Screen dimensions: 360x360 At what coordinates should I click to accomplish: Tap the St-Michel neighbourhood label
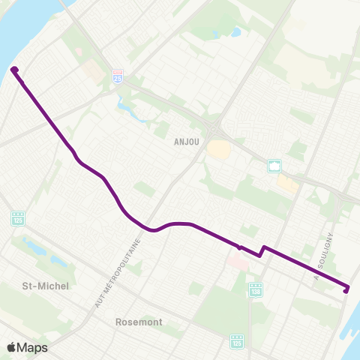pos(46,286)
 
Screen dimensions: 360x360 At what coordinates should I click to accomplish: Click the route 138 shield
pos(256,288)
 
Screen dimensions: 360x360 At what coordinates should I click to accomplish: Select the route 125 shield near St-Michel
pos(17,218)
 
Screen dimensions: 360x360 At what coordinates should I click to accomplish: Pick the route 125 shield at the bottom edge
pos(237,342)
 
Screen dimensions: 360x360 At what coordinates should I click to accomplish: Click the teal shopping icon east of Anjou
pos(274,166)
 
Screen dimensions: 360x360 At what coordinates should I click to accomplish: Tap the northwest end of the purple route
pos(14,70)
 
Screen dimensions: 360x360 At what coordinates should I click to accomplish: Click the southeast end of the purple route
pos(346,289)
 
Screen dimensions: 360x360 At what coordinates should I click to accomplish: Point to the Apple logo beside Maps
pos(12,347)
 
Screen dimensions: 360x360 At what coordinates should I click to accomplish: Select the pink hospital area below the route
pos(236,262)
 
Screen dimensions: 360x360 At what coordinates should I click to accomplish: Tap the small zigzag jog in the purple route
pos(262,250)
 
